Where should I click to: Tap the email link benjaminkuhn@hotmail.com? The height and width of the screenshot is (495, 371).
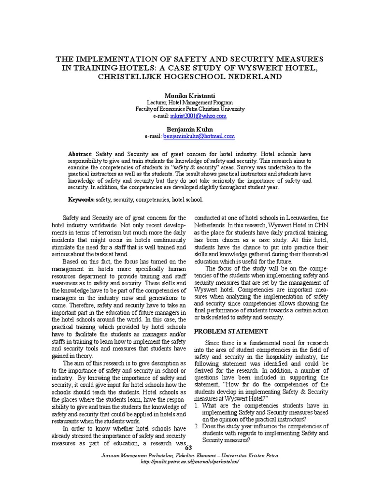[x=199, y=136]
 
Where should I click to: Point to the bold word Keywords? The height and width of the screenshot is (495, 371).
[x=81, y=199]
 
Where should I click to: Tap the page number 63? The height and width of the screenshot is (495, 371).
[x=188, y=449]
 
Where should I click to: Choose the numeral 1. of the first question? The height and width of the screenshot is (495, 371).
[x=197, y=406]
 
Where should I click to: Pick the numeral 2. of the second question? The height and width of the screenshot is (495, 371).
[x=197, y=426]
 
